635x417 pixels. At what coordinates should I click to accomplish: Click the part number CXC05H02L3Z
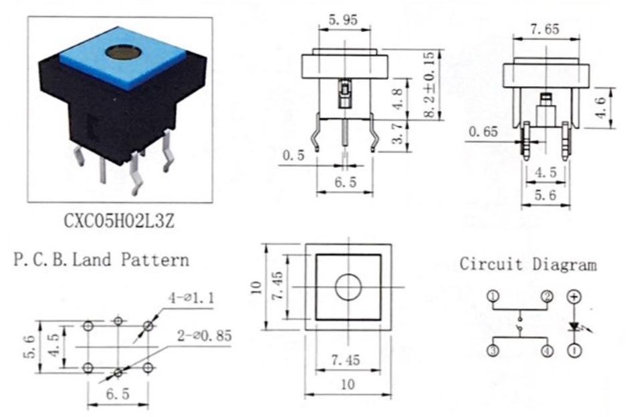[119, 221]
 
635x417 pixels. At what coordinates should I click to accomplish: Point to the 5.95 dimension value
[344, 19]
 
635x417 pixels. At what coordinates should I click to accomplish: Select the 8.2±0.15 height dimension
[432, 84]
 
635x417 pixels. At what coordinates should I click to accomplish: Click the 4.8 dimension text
[398, 99]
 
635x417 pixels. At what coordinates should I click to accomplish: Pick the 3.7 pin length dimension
[398, 133]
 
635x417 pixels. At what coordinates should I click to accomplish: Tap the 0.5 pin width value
[293, 155]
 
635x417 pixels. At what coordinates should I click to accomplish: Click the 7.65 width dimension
[545, 29]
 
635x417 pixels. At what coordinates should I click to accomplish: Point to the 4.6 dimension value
[601, 108]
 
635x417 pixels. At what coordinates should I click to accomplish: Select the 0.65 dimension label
[483, 132]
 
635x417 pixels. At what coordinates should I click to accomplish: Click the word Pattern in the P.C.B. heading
[155, 259]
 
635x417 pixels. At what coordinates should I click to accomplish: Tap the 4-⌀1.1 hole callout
[191, 299]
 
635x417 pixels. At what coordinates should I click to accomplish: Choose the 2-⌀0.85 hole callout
[205, 335]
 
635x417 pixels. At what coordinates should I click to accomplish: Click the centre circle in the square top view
[348, 287]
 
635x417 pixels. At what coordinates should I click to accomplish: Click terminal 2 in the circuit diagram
[547, 297]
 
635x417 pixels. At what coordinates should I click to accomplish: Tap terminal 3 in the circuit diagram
[493, 351]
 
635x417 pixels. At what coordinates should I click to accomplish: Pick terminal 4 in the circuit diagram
[547, 351]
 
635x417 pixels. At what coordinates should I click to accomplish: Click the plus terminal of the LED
[574, 297]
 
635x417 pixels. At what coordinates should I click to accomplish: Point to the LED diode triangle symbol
[575, 326]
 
